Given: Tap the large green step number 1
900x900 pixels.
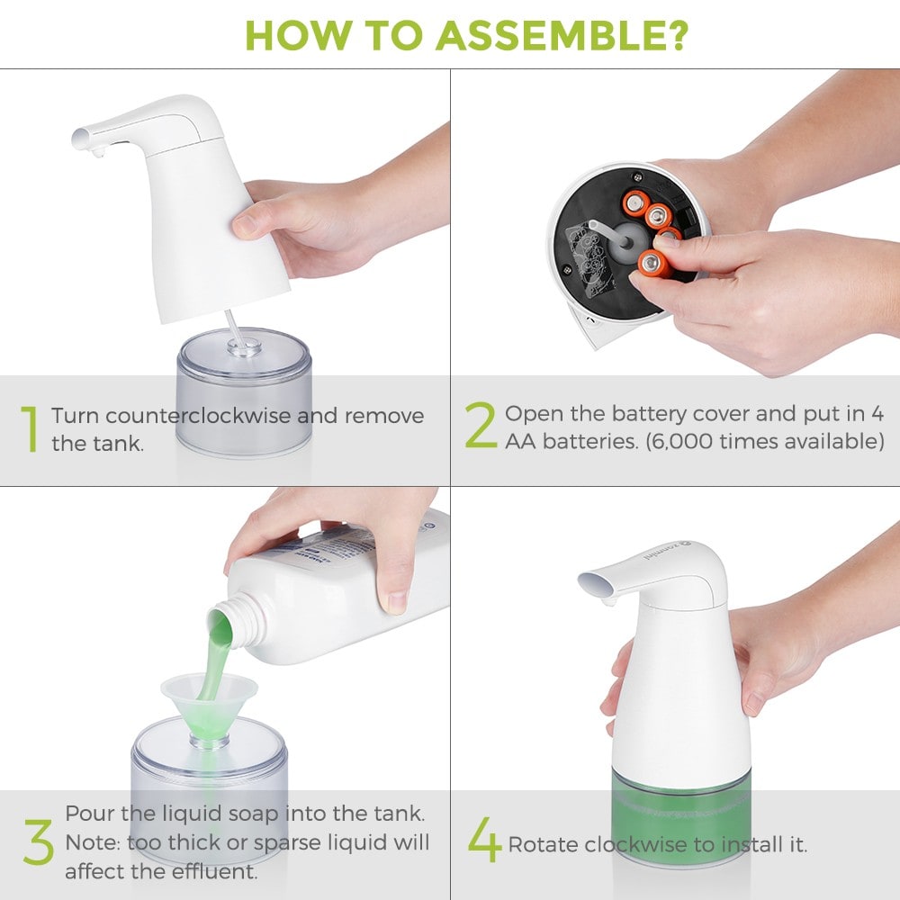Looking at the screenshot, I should [x=31, y=428].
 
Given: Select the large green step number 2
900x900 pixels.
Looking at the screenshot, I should [x=481, y=427].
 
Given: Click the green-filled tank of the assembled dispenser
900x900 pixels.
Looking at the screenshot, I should [x=679, y=810].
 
